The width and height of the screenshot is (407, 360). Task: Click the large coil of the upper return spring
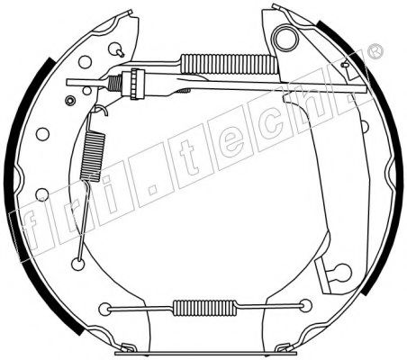click(x=229, y=64)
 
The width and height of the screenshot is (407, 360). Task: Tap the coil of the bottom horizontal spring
click(x=203, y=308)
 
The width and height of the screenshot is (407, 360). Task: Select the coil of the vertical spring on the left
click(x=93, y=157)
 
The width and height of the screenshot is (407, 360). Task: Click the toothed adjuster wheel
click(x=137, y=84)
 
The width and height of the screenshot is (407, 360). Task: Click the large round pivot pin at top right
click(x=285, y=39)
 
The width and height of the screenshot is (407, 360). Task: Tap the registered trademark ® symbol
click(x=375, y=51)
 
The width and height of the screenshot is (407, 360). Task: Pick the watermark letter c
click(x=272, y=126)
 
